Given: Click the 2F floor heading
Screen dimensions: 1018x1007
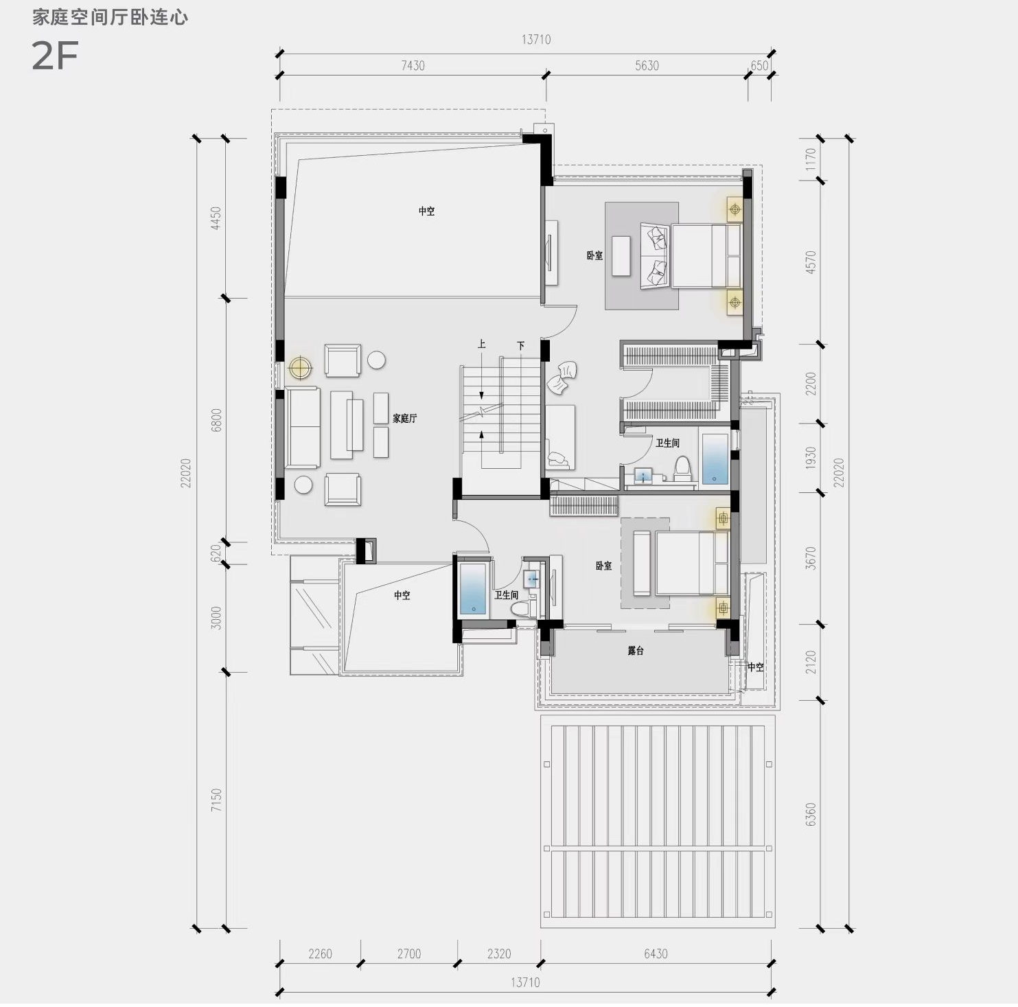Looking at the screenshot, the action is (55, 56).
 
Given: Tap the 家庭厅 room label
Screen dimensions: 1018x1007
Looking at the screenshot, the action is (404, 418).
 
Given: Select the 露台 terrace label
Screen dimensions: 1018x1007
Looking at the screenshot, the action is (636, 650).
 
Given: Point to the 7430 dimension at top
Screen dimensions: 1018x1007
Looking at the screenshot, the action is (413, 66).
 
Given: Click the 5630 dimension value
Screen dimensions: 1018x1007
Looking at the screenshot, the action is (647, 66).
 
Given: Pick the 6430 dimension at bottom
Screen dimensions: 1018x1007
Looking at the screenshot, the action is (656, 953).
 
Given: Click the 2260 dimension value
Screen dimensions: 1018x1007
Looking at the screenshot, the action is (320, 953).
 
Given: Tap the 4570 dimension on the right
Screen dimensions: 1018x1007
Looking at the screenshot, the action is (811, 262).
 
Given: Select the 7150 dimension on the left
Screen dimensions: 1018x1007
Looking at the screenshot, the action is (216, 800).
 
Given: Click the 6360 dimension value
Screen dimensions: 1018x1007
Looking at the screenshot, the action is (811, 814).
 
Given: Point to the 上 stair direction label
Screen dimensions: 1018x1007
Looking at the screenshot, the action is (482, 344).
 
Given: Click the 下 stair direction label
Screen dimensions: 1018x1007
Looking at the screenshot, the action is (521, 345).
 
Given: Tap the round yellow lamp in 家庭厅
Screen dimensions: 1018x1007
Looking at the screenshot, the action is (300, 368).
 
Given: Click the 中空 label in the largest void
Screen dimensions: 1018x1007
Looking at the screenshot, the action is (427, 211).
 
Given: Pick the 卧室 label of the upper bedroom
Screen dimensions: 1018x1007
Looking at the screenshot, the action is (594, 255).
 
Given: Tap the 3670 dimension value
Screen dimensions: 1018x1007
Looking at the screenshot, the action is (811, 558).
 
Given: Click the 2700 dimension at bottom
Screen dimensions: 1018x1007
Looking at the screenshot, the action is (408, 953).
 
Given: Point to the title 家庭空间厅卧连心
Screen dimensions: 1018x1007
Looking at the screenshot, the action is (110, 17).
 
